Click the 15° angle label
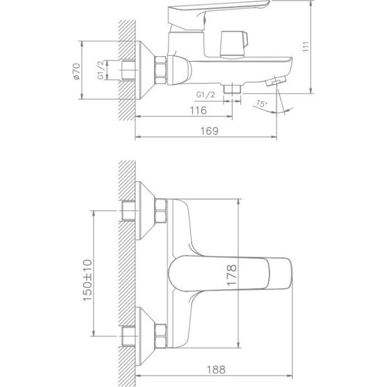(x=263, y=103)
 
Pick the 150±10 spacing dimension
(x=88, y=282)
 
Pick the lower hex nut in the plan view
(x=161, y=334)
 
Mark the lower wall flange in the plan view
(x=146, y=334)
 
